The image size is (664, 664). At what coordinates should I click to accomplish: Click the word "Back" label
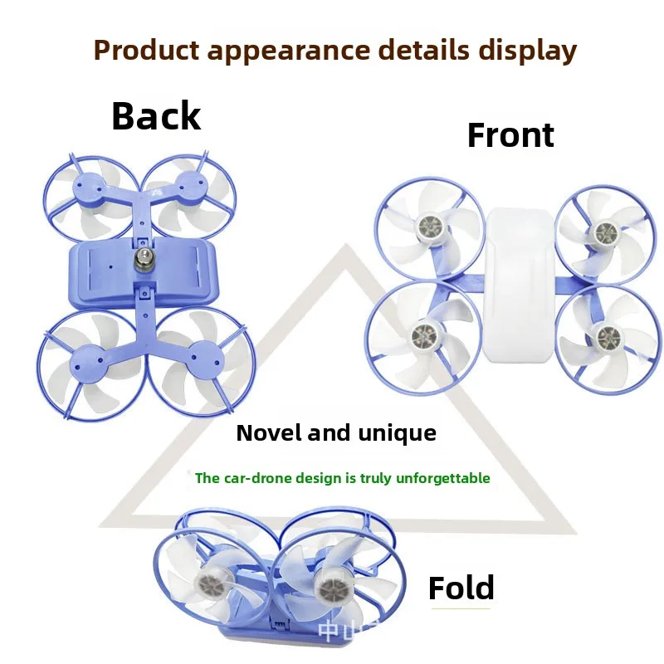(156, 116)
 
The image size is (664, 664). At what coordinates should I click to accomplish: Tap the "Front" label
(510, 135)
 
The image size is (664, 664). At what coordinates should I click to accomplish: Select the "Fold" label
(461, 588)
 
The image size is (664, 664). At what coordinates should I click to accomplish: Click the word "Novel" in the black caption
(270, 433)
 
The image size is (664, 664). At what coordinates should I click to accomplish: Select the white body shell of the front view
(520, 286)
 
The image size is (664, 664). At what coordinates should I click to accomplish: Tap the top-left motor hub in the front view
(430, 224)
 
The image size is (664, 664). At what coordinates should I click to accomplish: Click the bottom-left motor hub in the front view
(425, 334)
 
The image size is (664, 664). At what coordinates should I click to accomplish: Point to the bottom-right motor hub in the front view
(603, 335)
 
